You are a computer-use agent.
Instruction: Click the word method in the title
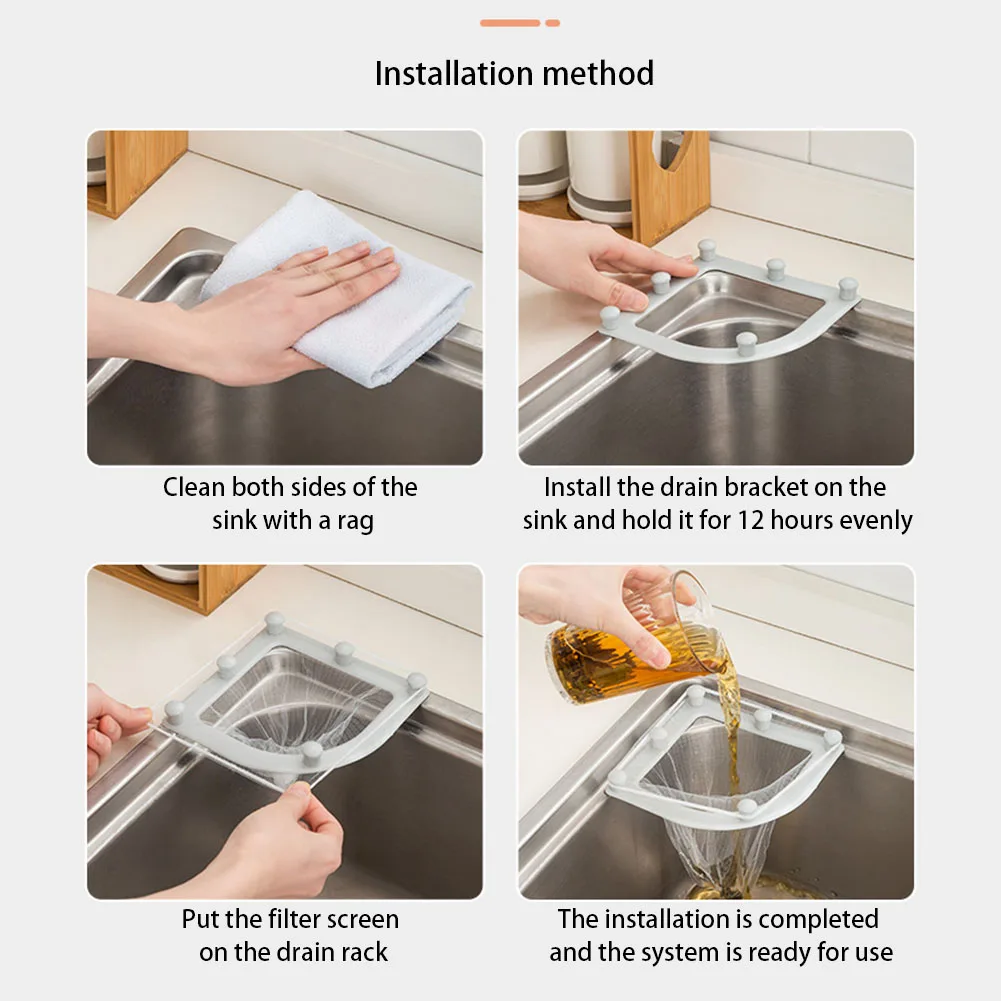pos(599,73)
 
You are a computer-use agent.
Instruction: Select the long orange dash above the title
pos(510,23)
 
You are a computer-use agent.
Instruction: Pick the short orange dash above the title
pos(553,23)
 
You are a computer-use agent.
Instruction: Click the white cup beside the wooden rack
pos(599,176)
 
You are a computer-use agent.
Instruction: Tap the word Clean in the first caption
pos(193,487)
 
